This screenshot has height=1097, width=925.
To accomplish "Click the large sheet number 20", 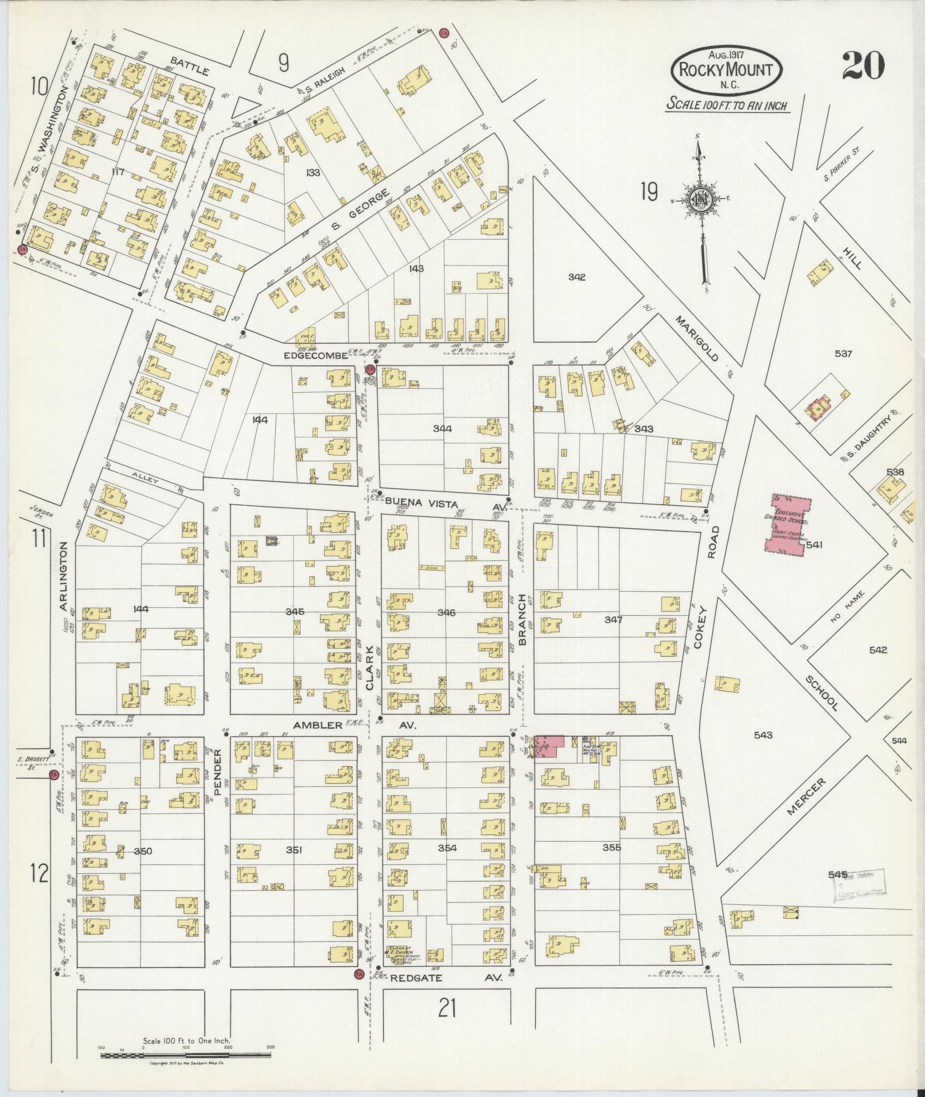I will pyautogui.click(x=863, y=66).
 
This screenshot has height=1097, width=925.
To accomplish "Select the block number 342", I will pyautogui.click(x=576, y=277).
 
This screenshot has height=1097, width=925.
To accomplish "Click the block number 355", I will pyautogui.click(x=611, y=847).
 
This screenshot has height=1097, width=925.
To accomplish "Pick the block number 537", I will pyautogui.click(x=843, y=354).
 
